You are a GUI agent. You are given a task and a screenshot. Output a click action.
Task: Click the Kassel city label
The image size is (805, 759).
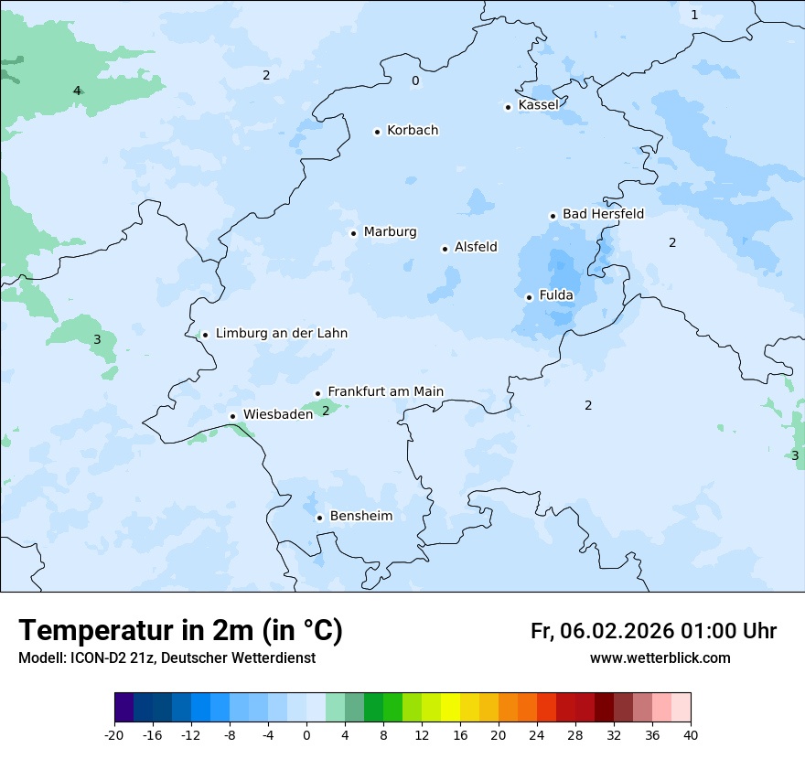coord(538,105)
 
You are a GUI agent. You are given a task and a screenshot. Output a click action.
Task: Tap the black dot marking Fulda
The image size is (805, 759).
coord(529,297)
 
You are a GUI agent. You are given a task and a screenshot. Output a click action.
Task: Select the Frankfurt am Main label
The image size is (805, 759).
coord(385,391)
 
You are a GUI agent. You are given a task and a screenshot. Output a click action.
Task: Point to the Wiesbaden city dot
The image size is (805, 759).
coord(233,417)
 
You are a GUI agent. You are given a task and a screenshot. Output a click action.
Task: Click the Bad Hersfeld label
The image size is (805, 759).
coord(603,214)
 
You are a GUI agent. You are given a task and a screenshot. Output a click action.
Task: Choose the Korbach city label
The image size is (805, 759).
coord(413,130)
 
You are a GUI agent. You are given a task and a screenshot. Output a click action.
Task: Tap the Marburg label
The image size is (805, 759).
coord(390,231)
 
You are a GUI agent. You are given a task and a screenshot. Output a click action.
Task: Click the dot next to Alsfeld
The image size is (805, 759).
coord(445,249)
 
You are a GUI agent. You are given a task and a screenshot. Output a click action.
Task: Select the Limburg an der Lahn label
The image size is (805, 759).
coord(282,333)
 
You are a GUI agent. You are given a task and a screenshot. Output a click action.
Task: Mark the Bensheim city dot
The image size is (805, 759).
coord(319,518)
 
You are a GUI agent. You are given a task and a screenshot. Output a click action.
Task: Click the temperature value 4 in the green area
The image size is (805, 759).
coord(77,91)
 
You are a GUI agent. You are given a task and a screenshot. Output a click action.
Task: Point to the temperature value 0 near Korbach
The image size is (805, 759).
coord(415,81)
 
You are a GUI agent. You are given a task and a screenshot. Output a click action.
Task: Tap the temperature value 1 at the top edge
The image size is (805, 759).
coord(694,15)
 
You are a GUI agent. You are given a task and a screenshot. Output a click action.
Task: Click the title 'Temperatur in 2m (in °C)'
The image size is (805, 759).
coord(181,630)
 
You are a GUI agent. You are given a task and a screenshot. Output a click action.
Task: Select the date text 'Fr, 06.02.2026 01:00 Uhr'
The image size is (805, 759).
coord(653,631)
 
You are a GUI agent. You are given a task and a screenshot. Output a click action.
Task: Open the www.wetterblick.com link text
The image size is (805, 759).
coord(660,657)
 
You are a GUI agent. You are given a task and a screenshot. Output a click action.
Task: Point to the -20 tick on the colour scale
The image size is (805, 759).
coord(114,734)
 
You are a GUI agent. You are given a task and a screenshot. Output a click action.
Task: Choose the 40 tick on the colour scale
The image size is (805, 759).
coord(691,734)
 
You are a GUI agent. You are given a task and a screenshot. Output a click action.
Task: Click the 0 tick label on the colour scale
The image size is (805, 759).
coord(306,734)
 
